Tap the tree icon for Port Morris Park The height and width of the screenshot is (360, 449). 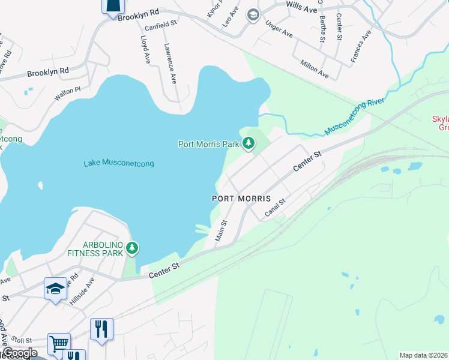[248, 143]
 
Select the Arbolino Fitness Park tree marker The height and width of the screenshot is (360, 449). [132, 248]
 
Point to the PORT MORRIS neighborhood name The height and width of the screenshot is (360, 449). [241, 198]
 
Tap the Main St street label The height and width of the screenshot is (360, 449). [221, 230]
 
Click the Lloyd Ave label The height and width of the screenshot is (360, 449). [145, 49]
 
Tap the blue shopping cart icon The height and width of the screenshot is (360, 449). [59, 344]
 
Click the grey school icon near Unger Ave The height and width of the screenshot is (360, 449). [253, 14]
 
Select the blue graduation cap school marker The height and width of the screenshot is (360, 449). [55, 289]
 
